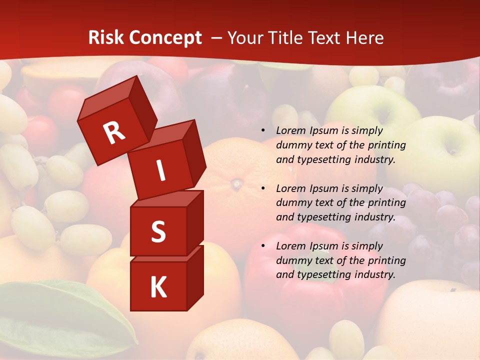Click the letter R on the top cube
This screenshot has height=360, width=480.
pos(114,133)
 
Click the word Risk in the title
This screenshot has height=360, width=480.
pos(105,38)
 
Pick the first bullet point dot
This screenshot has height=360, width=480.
pos(263,130)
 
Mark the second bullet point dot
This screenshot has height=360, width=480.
pos(263,188)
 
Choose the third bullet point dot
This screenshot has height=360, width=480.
pos(263,246)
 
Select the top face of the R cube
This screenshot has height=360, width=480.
pos(107,97)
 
